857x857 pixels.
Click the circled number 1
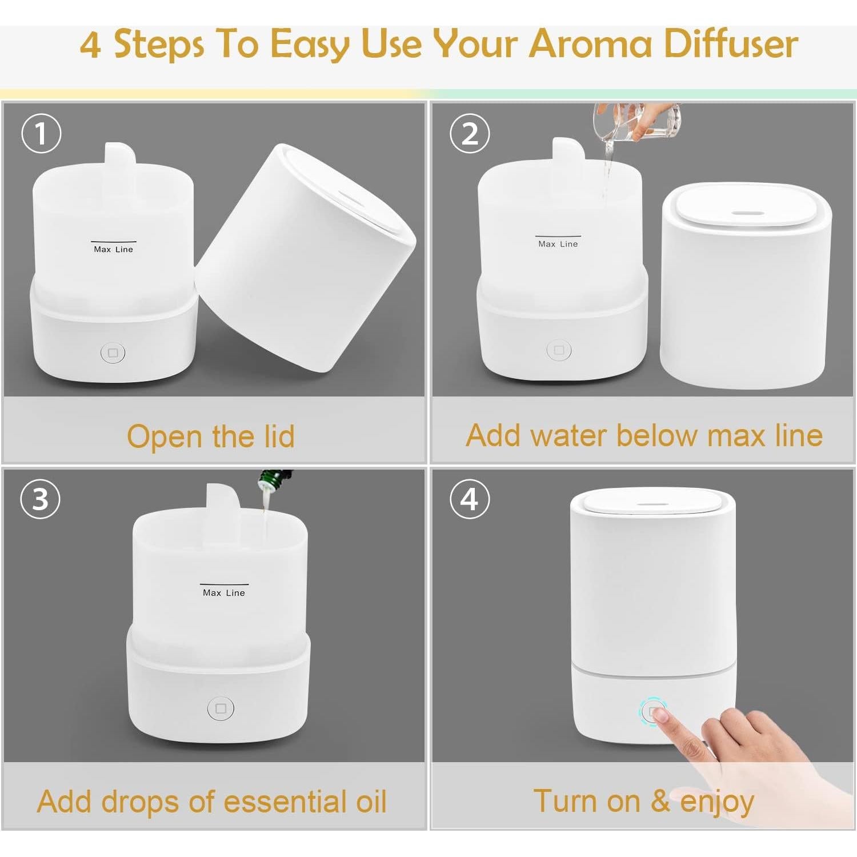[x=41, y=133]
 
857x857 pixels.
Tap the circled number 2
[x=470, y=133]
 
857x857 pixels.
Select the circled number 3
[x=41, y=499]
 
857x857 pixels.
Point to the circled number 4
[x=470, y=499]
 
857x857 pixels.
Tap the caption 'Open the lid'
[x=211, y=436]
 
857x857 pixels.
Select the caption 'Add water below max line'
[x=644, y=435]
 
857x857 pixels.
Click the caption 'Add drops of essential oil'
[x=212, y=801]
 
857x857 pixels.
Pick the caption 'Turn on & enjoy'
[x=644, y=801]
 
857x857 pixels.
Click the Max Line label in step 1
[x=113, y=249]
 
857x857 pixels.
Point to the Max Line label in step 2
[x=558, y=244]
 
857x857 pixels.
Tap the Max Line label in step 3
[x=224, y=593]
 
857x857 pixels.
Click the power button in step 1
[x=113, y=353]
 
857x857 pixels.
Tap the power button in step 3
[x=221, y=708]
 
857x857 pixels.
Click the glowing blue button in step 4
[x=650, y=711]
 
